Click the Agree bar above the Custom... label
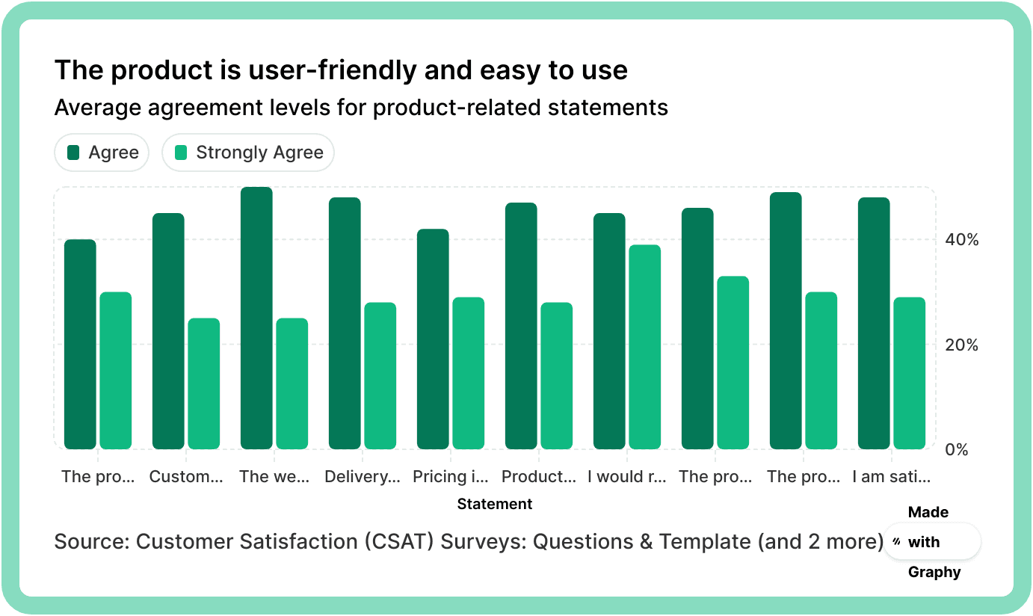coord(168,331)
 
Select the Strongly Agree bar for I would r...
coord(644,347)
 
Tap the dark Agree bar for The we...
coord(256,318)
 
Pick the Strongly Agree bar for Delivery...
coord(380,375)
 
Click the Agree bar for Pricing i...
coord(433,339)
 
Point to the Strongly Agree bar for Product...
coord(556,375)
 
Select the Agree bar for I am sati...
coord(874,323)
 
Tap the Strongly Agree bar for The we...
coord(292,384)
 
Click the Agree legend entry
coord(102,153)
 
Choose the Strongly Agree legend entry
coord(248,153)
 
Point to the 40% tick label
coord(961,240)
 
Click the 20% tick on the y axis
coord(961,345)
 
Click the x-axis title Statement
coord(494,504)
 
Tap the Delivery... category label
coord(363,476)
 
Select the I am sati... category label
coord(892,476)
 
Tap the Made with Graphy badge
coord(931,542)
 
